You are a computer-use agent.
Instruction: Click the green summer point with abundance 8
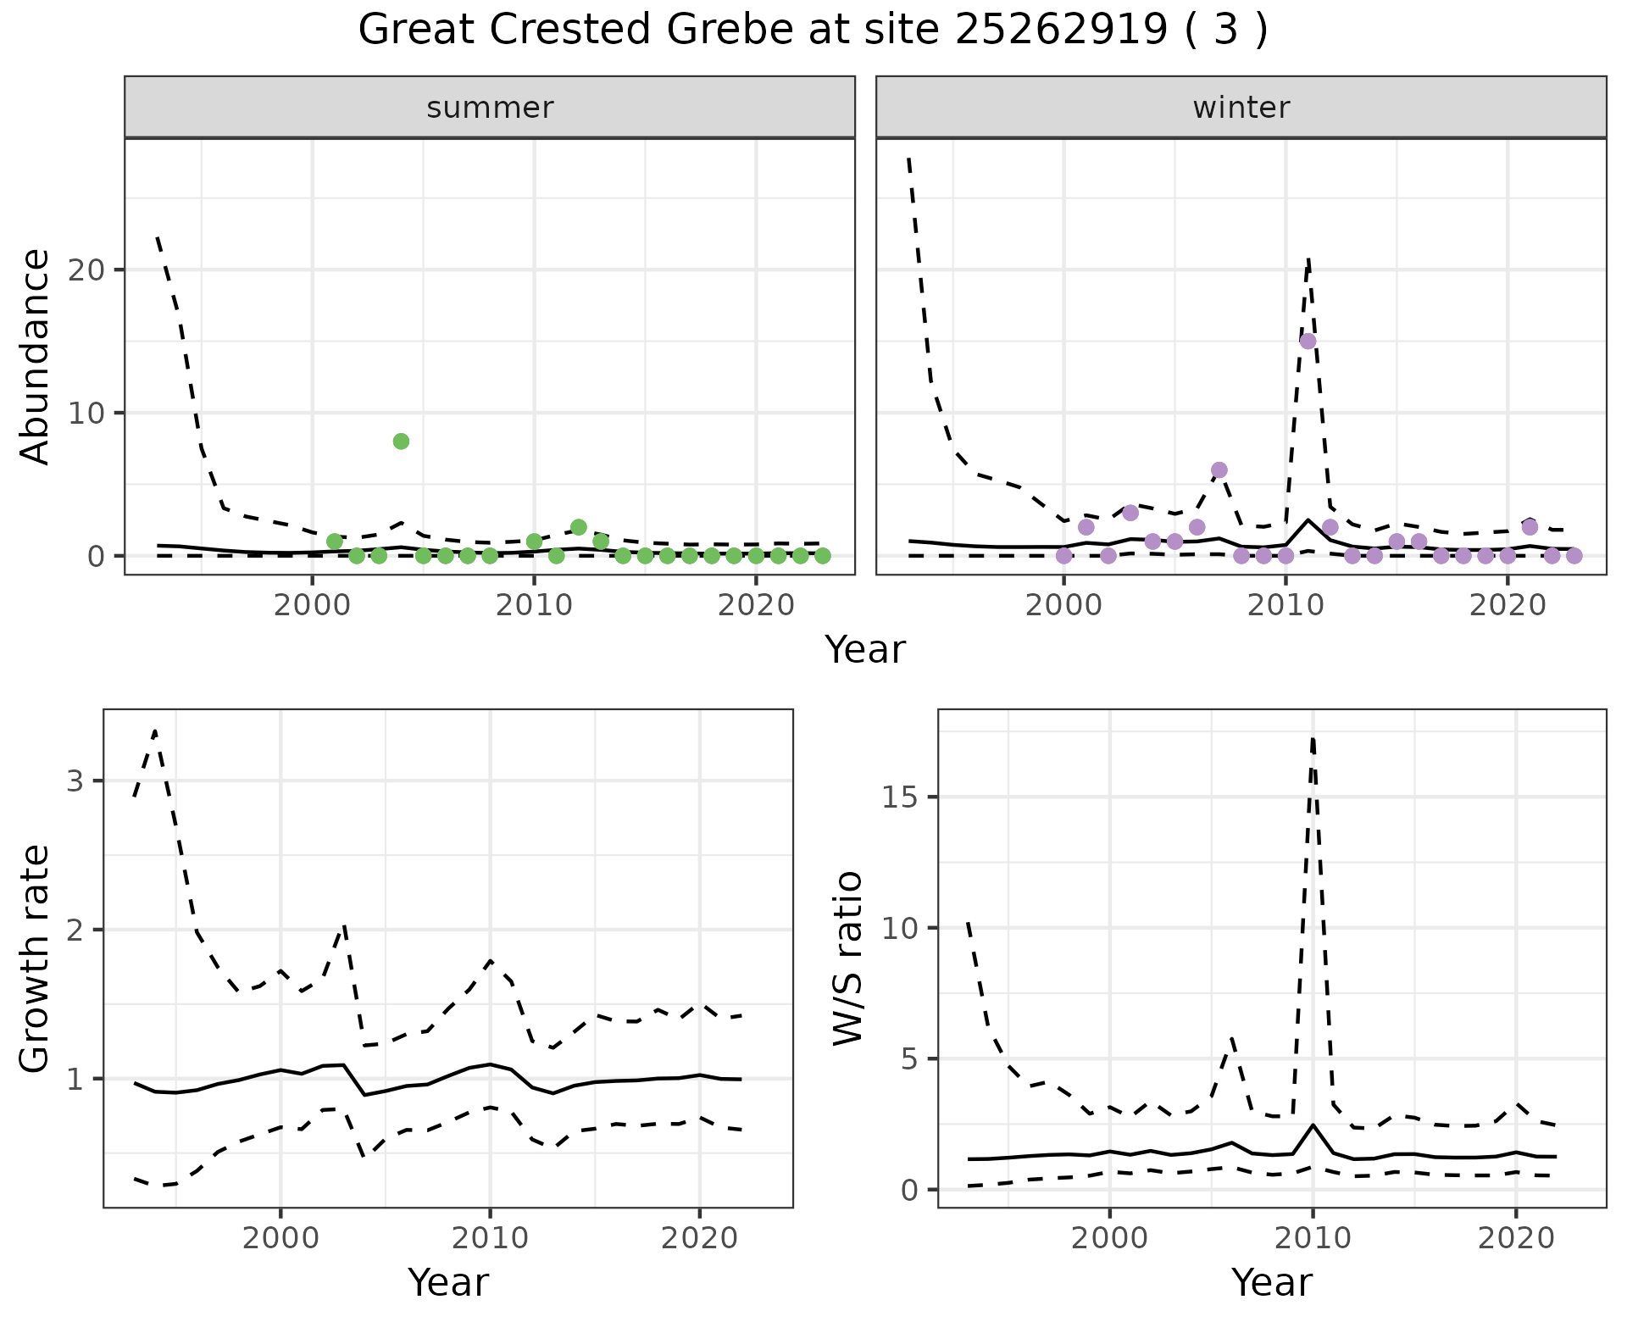click(402, 441)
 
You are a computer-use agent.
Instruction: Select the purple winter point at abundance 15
click(1308, 342)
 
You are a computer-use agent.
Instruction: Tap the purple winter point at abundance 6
click(1219, 470)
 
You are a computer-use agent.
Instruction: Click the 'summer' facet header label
click(490, 108)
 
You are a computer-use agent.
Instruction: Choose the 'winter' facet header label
click(1241, 108)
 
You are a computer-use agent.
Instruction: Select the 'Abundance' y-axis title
click(36, 357)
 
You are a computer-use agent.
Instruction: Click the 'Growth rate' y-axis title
click(36, 958)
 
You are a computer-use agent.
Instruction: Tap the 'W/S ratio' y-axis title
click(847, 958)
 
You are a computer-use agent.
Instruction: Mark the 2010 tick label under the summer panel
click(534, 606)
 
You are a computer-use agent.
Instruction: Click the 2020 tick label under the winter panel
click(1508, 606)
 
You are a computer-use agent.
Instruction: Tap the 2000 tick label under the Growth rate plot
click(280, 1238)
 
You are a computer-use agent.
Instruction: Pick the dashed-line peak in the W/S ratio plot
click(1313, 738)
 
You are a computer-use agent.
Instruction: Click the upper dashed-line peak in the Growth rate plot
click(155, 730)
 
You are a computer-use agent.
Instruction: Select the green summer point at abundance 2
click(579, 527)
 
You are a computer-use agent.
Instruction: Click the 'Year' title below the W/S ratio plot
click(1271, 1282)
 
